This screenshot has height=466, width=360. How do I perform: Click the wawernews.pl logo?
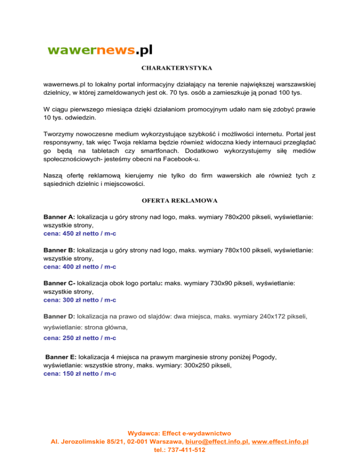click(100, 50)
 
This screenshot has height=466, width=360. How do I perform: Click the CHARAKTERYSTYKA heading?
click(177, 68)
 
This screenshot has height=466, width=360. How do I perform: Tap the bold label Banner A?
click(59, 218)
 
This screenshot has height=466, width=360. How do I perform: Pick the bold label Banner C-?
click(59, 284)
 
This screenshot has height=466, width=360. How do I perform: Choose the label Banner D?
click(59, 316)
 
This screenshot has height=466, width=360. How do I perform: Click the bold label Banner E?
click(61, 357)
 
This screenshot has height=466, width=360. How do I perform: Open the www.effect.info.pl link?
click(280, 442)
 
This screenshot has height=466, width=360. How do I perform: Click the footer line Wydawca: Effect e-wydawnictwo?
click(180, 433)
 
